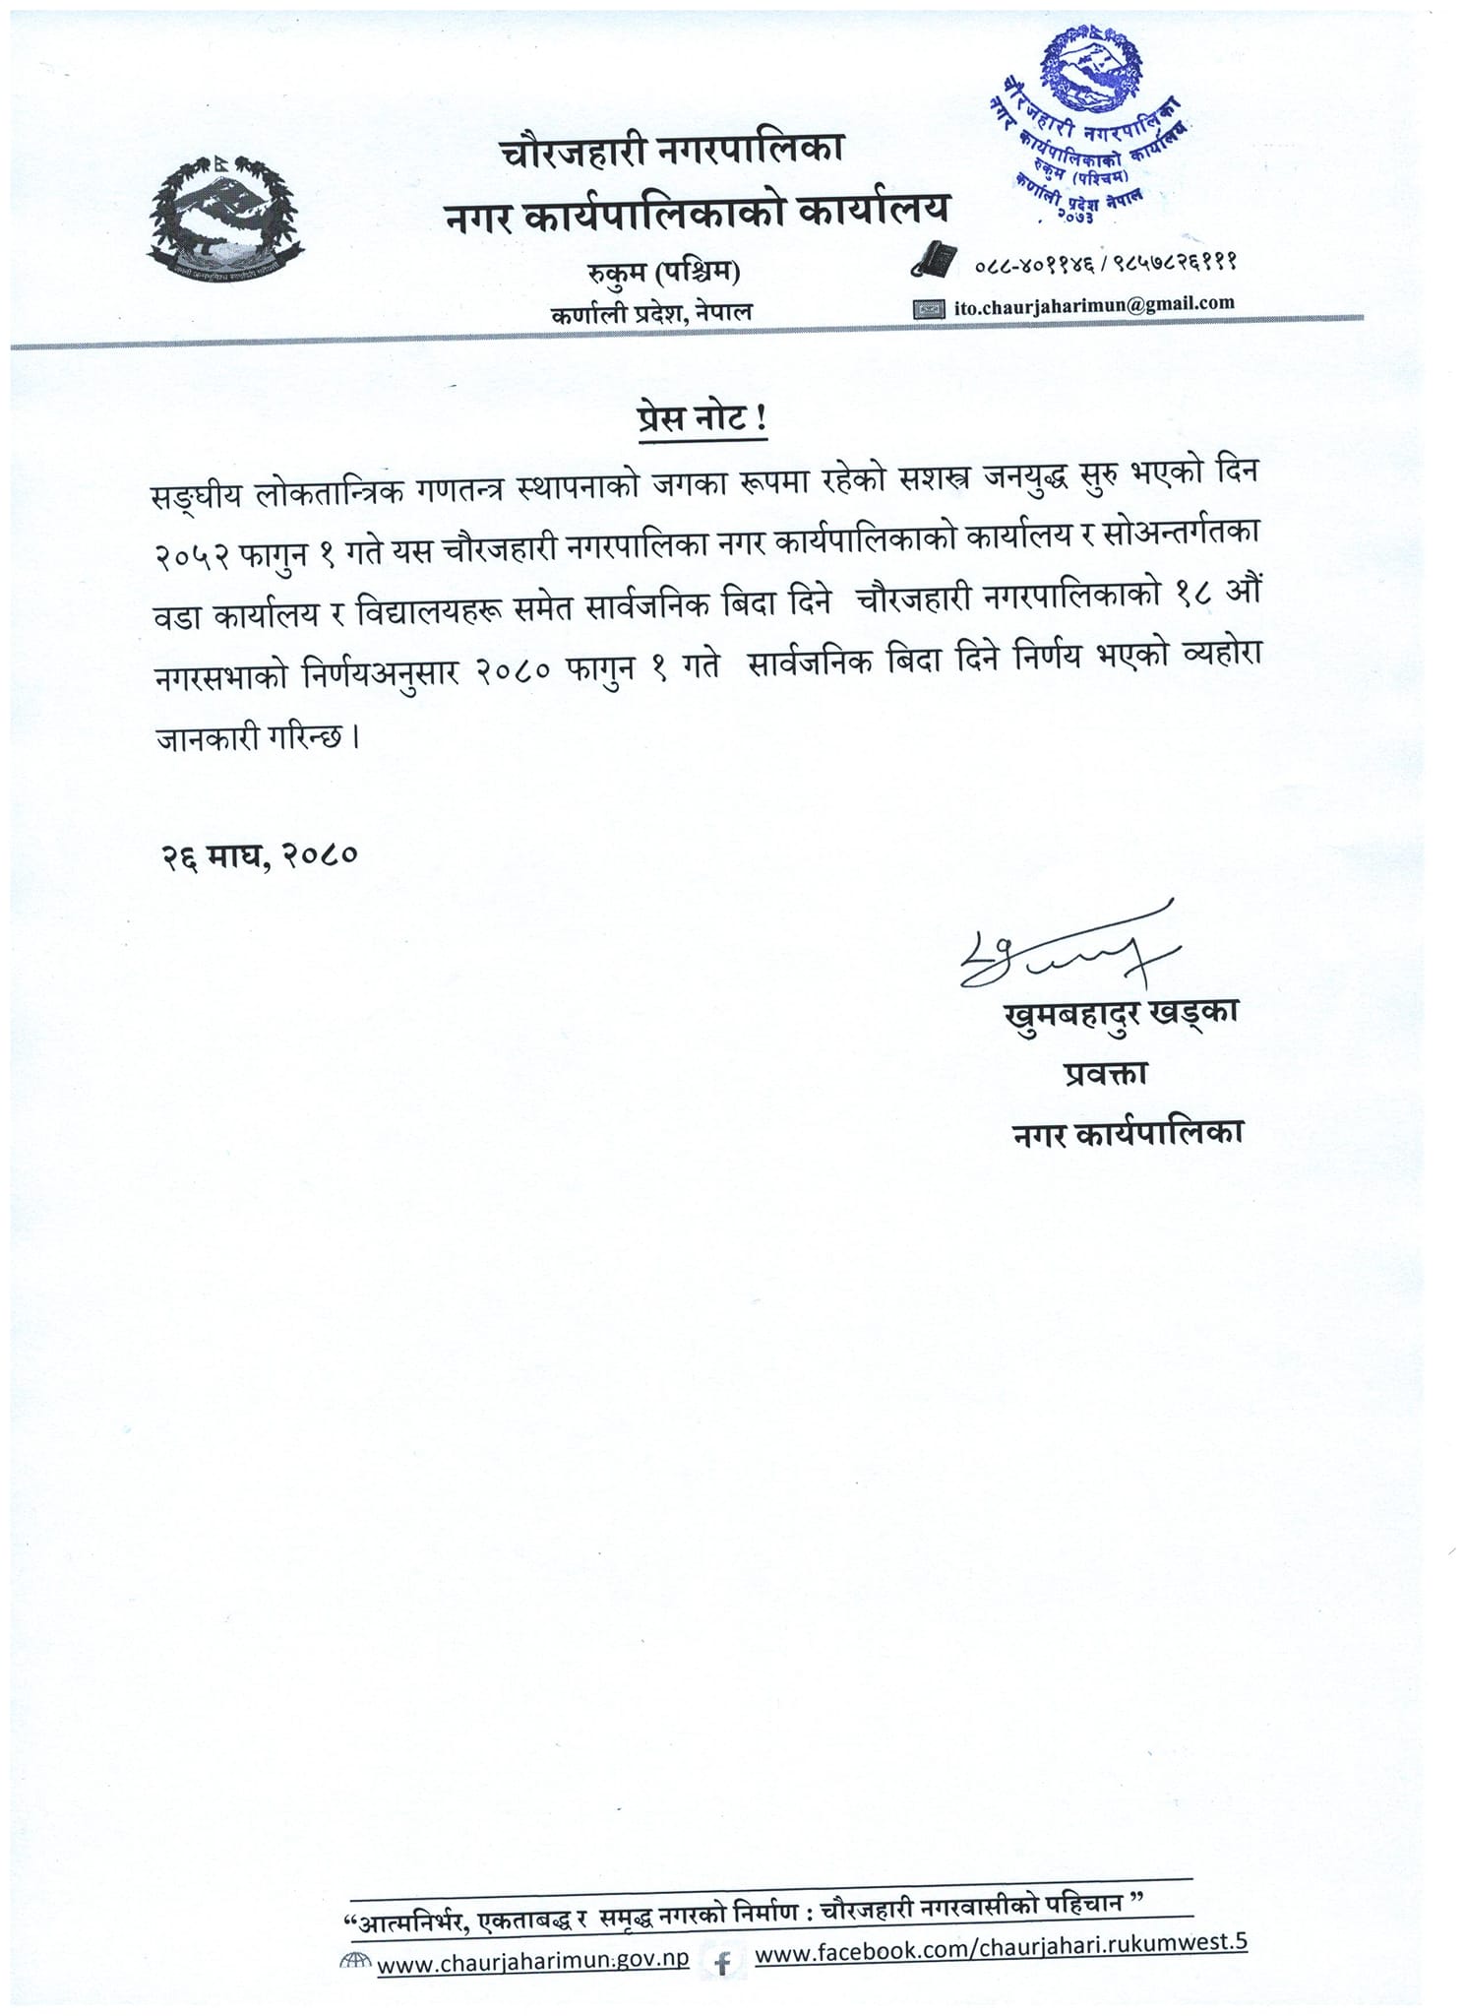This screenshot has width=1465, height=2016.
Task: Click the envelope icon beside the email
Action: [929, 309]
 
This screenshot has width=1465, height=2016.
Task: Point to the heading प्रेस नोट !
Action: [702, 419]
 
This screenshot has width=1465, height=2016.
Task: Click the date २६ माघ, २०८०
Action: [259, 854]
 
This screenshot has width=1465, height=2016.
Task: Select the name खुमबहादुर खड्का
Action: [1121, 1013]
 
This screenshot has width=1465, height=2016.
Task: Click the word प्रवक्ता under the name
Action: [1105, 1073]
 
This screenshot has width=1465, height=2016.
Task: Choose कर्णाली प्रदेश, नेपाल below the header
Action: [652, 313]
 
